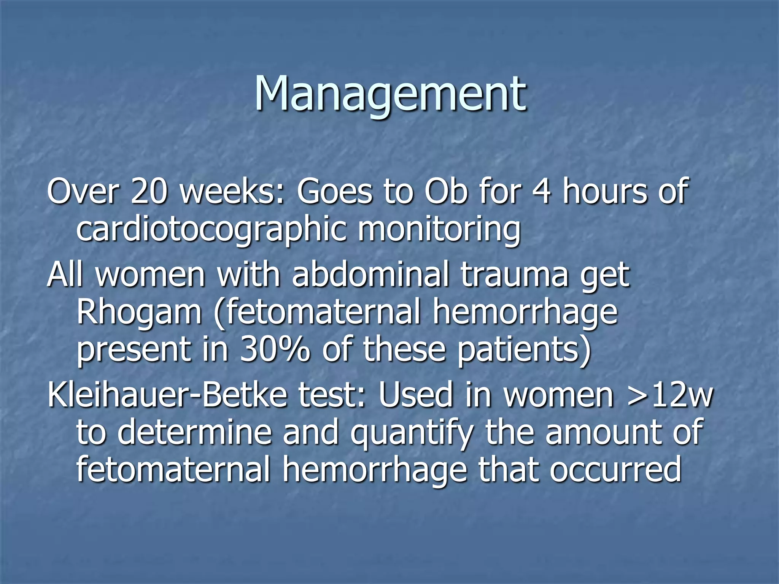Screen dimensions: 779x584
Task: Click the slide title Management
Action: [x=390, y=94]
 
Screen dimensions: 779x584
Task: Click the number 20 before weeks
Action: [x=149, y=191]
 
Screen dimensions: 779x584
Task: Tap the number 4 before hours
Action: [x=541, y=191]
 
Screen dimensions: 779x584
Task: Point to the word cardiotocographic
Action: [x=211, y=231]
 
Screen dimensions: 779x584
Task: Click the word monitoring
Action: [x=439, y=231]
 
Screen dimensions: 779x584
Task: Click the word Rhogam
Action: [x=139, y=313]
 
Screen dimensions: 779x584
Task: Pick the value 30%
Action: [x=274, y=350]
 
